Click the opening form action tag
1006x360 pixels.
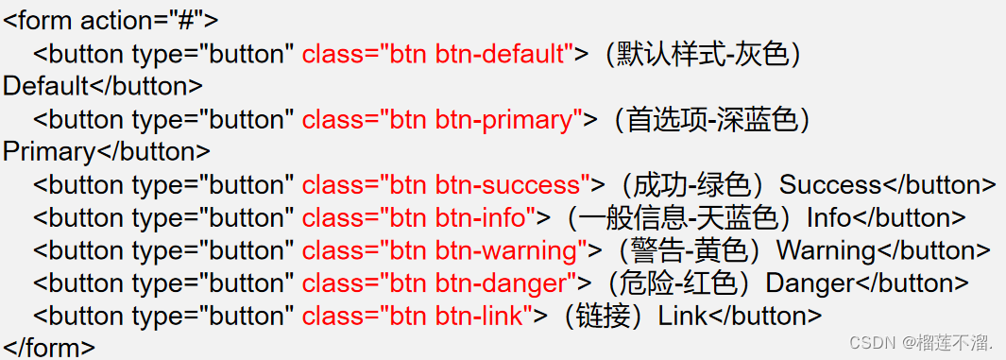coord(111,19)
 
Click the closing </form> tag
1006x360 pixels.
coord(49,349)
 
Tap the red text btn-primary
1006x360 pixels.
coord(509,120)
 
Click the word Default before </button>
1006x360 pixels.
coord(45,87)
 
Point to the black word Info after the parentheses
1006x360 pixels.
coord(828,218)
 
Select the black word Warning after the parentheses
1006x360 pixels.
coord(826,251)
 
